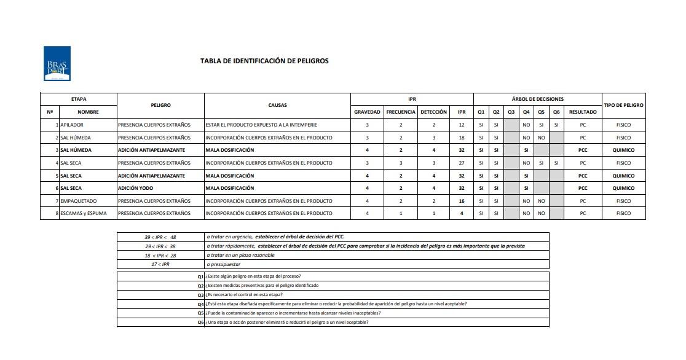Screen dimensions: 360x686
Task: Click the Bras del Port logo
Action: tap(57, 63)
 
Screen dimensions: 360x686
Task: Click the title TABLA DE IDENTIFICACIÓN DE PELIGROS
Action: tap(264, 61)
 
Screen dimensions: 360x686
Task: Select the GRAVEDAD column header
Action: tap(367, 112)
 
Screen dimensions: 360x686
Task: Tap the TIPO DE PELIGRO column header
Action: tap(623, 105)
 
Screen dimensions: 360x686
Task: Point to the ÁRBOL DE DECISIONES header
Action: tap(537, 99)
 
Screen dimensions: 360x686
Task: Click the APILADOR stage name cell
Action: tap(72, 125)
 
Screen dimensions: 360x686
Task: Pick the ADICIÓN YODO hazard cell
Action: tap(136, 188)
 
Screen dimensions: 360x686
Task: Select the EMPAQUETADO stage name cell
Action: tap(78, 201)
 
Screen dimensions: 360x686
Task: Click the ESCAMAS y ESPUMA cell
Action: tap(84, 213)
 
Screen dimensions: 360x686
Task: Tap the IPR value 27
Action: tap(461, 163)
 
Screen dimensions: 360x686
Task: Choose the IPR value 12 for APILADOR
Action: tap(461, 125)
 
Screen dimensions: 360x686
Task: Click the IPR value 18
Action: tap(461, 138)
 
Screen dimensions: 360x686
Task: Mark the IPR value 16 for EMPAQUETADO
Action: tap(461, 201)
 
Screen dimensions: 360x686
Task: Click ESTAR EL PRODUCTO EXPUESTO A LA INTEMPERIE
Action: tap(261, 125)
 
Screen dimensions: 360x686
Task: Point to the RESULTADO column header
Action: tap(582, 112)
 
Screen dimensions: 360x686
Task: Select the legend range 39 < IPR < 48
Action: tap(160, 237)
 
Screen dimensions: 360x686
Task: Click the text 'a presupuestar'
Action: tap(223, 264)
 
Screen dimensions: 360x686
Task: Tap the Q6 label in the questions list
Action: tap(200, 322)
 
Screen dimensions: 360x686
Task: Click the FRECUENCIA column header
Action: tap(401, 112)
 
